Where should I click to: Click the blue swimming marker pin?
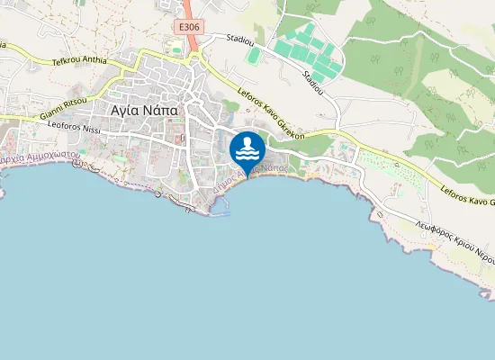coord(247,149)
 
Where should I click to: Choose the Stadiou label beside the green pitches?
coord(313,81)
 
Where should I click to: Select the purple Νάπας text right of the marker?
coord(274,168)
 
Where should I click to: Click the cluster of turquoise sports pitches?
coord(306,52)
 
